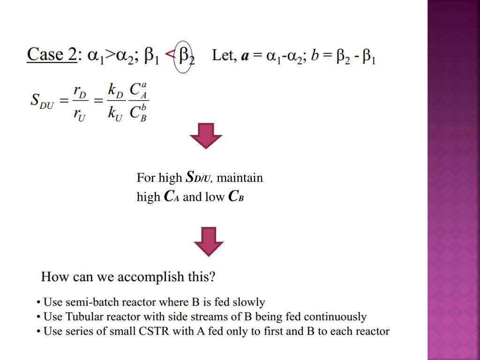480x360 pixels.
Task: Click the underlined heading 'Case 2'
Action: tap(52, 55)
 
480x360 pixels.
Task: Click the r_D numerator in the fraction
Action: tap(80, 91)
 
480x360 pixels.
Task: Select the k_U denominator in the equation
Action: tap(115, 114)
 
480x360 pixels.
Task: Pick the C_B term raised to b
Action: tap(138, 113)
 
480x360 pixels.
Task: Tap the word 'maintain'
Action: tap(240, 178)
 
